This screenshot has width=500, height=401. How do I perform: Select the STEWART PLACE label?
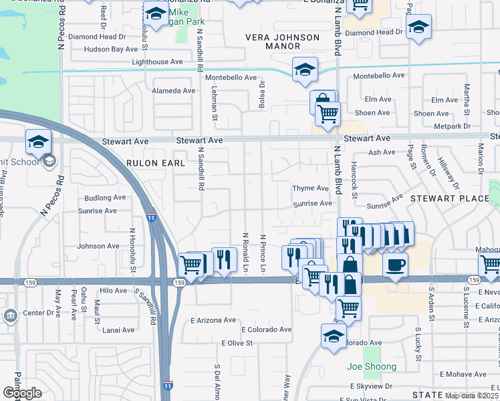click(449, 198)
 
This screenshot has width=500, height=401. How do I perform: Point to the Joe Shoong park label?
click(372, 366)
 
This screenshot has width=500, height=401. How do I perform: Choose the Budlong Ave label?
click(105, 197)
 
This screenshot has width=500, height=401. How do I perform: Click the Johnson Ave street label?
click(98, 246)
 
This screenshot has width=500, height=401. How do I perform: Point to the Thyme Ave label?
click(310, 188)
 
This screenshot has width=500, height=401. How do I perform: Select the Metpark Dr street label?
click(452, 126)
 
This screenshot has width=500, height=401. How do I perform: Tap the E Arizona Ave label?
click(213, 320)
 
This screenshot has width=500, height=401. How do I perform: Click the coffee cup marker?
click(395, 264)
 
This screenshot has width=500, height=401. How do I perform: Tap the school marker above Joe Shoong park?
click(334, 336)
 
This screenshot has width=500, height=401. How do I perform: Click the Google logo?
click(22, 393)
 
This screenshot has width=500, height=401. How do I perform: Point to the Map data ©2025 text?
click(472, 396)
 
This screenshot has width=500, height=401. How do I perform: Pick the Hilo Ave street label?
click(112, 291)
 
